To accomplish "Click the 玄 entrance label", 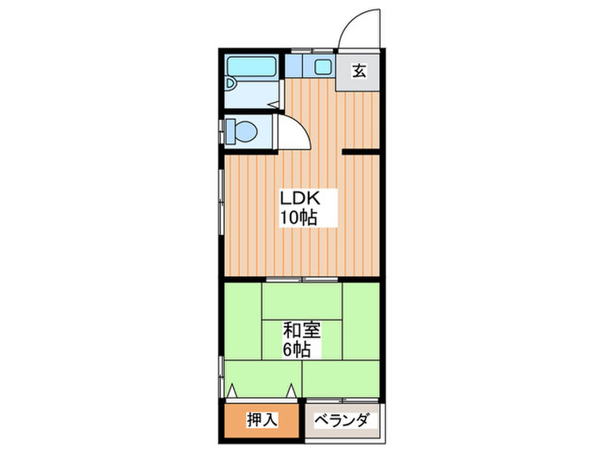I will [358, 71].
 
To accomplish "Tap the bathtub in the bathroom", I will [251, 67].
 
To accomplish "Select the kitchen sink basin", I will [323, 67].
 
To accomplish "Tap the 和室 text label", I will [301, 329].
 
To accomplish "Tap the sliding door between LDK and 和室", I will [302, 280].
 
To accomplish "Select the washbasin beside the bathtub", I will [230, 85].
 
